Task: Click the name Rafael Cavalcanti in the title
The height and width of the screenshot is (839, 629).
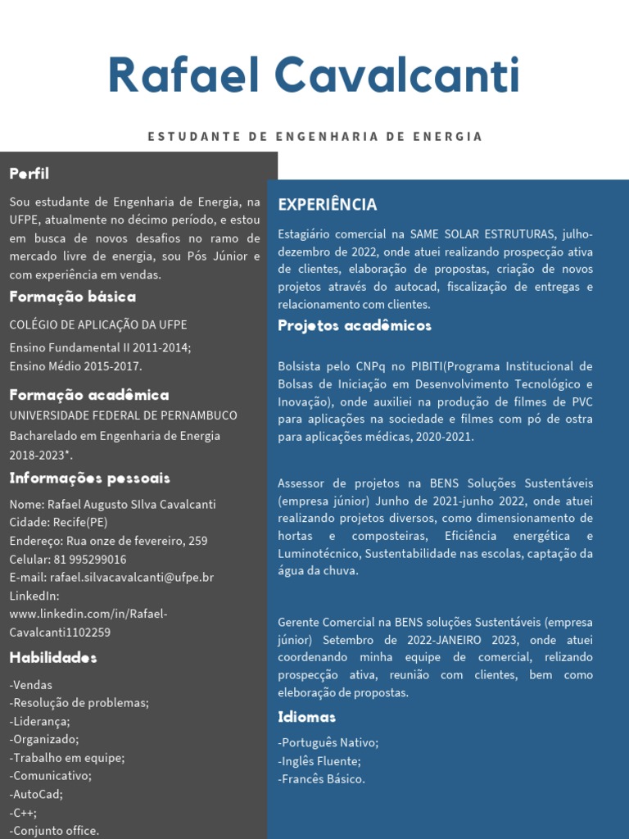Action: click(x=314, y=76)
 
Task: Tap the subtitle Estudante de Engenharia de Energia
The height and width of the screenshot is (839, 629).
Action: click(x=315, y=137)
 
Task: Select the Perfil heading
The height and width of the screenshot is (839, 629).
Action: click(x=29, y=174)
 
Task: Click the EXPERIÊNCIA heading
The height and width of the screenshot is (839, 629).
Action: click(x=328, y=205)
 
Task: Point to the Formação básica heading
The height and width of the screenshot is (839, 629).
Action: click(x=73, y=297)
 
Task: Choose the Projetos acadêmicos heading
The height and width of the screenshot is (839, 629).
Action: click(x=355, y=326)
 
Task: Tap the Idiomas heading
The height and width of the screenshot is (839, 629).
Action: click(x=307, y=718)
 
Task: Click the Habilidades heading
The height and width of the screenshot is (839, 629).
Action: click(x=53, y=658)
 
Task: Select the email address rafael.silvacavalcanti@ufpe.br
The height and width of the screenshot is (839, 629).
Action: click(x=131, y=578)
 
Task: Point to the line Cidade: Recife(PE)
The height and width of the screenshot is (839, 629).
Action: click(x=58, y=523)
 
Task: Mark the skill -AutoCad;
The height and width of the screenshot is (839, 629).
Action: click(x=36, y=794)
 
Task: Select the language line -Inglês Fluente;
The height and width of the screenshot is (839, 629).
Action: click(x=319, y=761)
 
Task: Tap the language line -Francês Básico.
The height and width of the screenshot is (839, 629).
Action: click(x=322, y=779)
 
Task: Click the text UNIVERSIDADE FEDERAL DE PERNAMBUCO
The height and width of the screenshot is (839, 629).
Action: click(x=124, y=416)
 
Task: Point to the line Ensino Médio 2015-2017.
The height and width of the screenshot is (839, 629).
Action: click(x=76, y=366)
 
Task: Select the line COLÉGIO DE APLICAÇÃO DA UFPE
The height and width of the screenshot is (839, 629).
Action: click(x=98, y=325)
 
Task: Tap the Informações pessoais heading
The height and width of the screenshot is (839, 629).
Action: click(x=90, y=478)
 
